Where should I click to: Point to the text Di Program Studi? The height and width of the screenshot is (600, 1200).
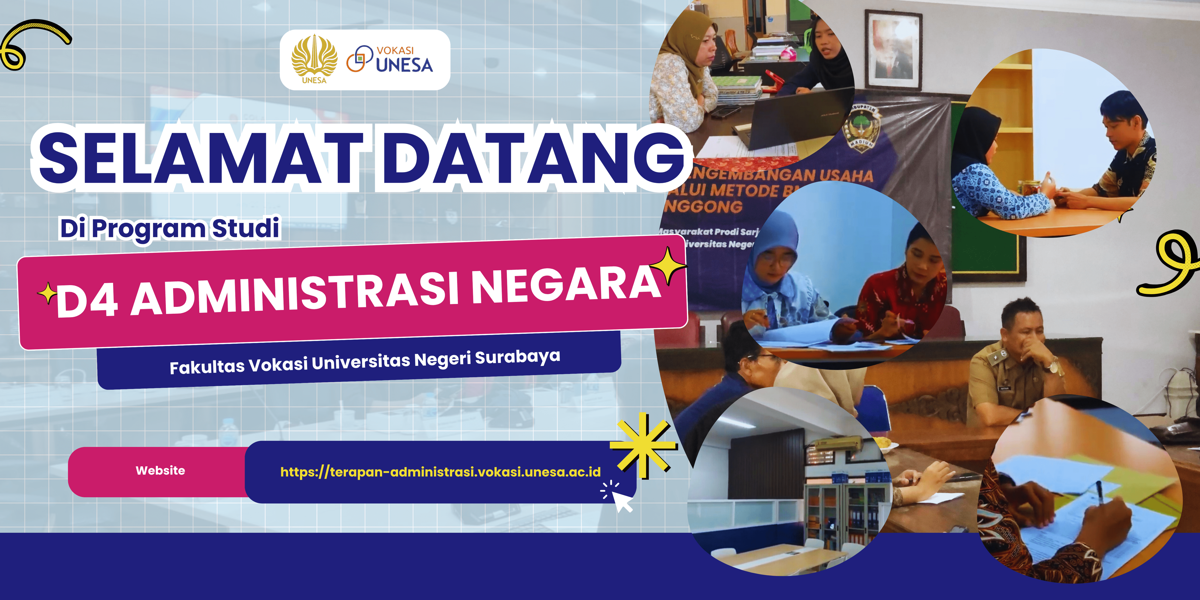[170, 228]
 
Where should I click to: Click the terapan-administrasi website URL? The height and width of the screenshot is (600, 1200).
[440, 472]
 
